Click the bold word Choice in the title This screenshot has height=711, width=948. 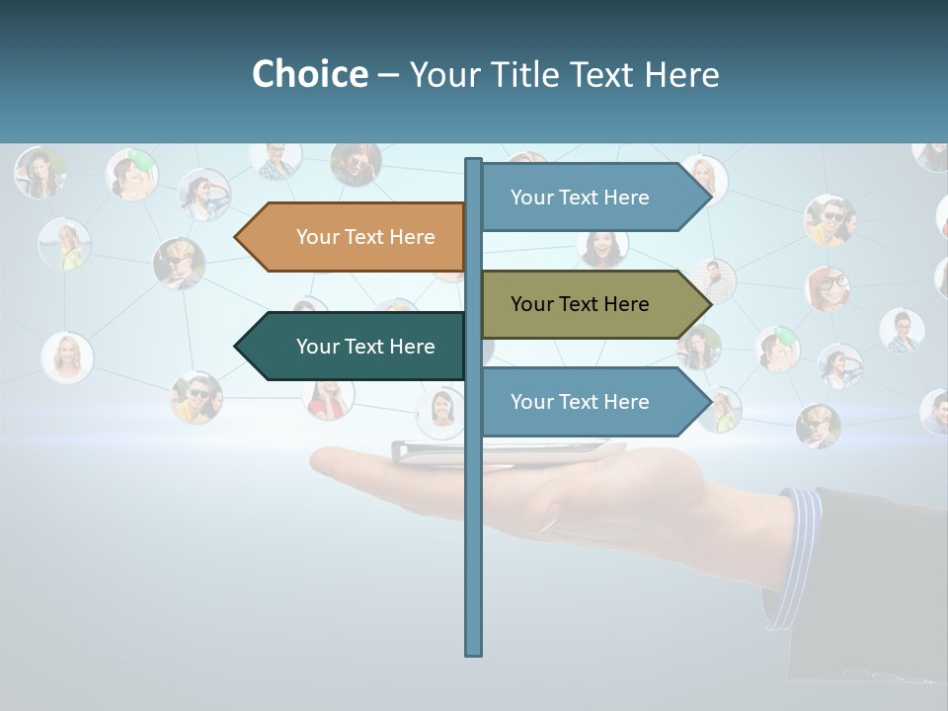point(309,74)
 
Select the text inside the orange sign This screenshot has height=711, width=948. point(365,237)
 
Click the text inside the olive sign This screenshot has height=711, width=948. point(580,304)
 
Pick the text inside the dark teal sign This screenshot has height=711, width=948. point(365,347)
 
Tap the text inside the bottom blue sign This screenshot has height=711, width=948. point(580,402)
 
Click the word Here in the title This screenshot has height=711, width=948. point(681,74)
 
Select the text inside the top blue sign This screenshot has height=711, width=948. point(580,197)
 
